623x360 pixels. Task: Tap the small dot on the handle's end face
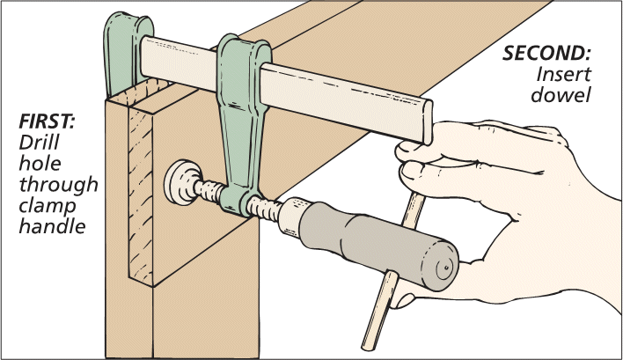[447, 263]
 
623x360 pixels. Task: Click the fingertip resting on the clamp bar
[408, 151]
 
